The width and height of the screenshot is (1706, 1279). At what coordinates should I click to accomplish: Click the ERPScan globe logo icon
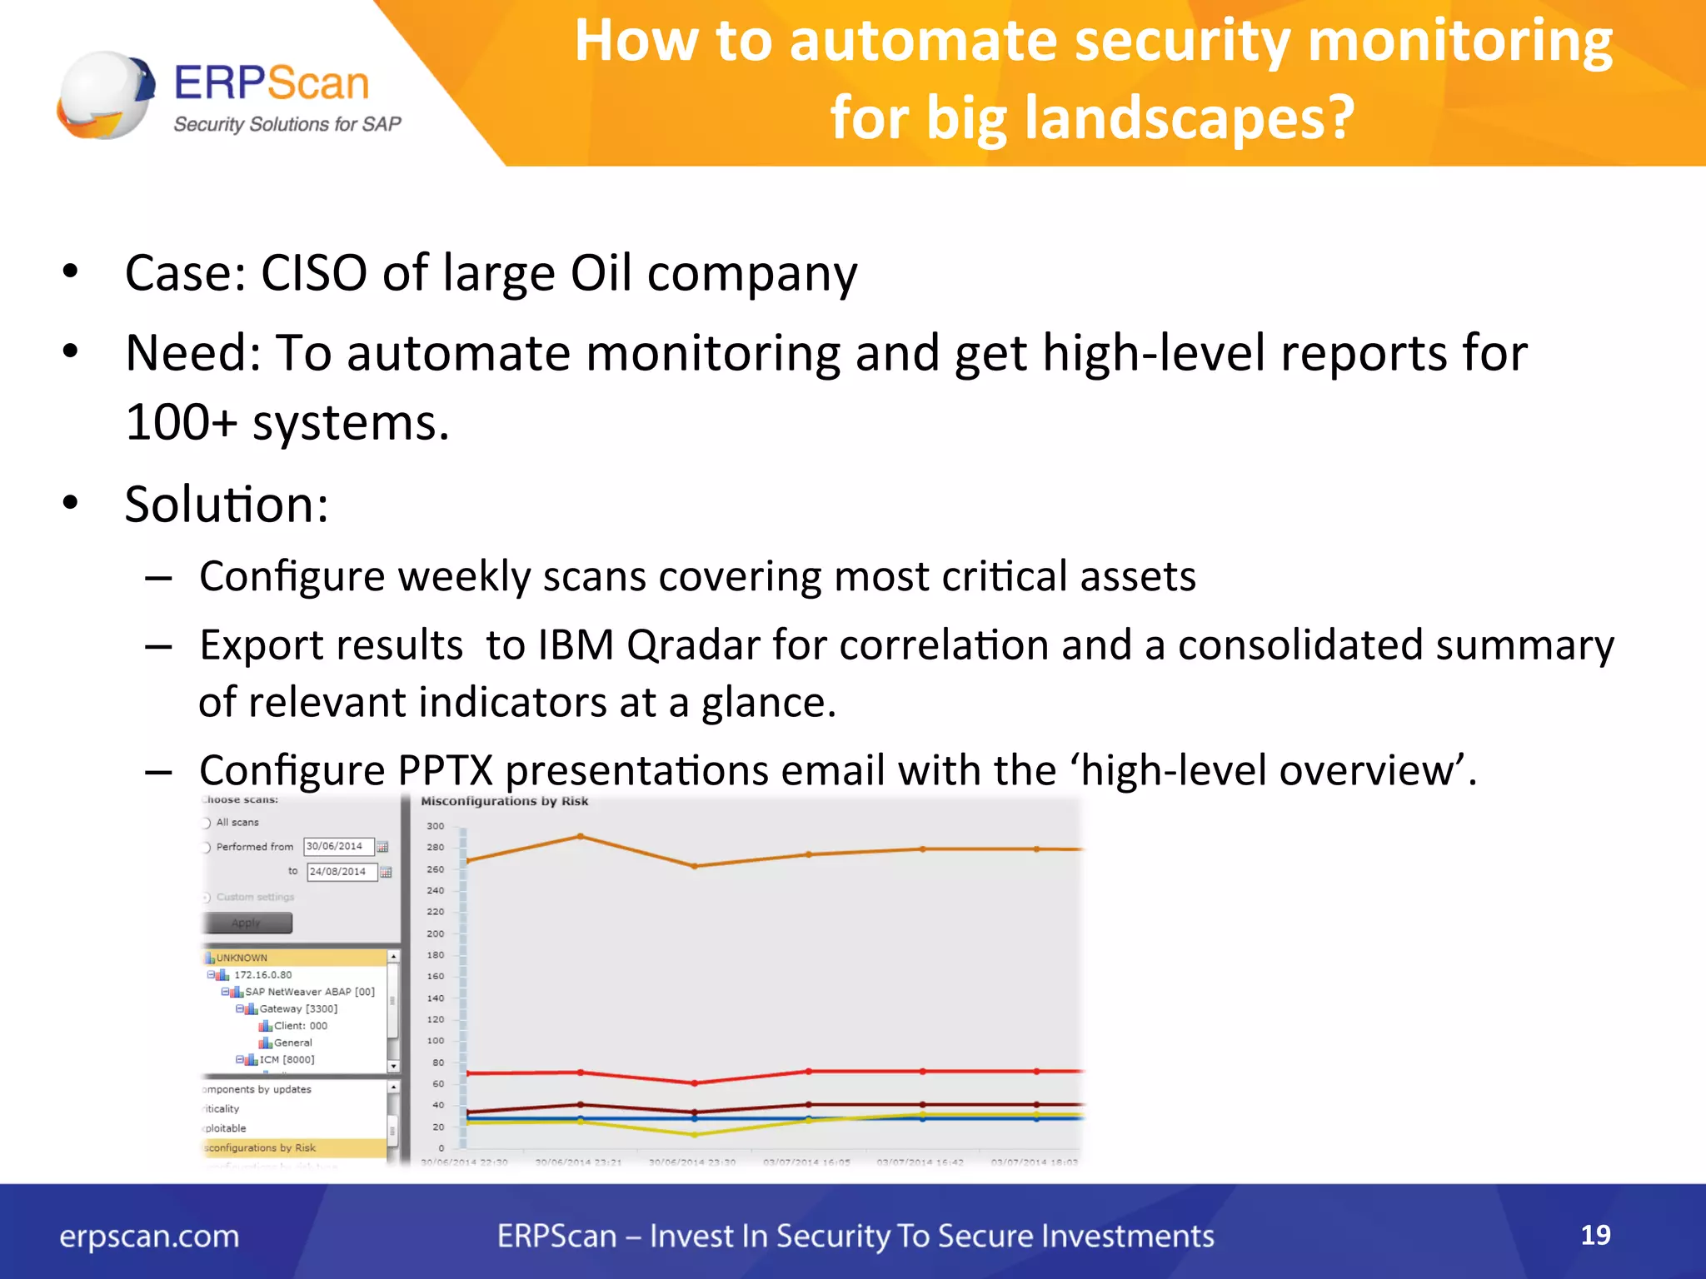(x=105, y=95)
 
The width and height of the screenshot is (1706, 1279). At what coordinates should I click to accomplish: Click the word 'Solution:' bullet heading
(x=227, y=505)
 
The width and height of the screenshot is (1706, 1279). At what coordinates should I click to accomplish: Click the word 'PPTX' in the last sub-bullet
(x=445, y=770)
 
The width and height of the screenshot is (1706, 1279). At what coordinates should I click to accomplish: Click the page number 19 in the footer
(x=1594, y=1235)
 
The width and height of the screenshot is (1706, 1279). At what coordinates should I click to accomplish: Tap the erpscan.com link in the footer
(x=149, y=1237)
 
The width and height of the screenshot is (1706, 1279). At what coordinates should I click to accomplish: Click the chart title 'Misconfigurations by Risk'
(x=504, y=801)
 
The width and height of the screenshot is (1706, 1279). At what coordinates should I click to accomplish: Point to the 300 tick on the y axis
(x=436, y=826)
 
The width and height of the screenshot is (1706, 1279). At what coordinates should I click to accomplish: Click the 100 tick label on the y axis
(x=436, y=1041)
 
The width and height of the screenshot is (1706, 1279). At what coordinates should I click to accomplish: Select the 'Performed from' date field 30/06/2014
(x=338, y=846)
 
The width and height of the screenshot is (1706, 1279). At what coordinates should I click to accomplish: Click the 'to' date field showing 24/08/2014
(x=342, y=872)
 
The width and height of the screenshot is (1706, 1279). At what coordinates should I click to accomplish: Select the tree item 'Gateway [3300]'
(x=297, y=1008)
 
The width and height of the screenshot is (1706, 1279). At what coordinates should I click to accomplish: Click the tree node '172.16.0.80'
(x=262, y=974)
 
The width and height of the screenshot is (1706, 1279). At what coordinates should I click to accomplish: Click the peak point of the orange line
(x=581, y=836)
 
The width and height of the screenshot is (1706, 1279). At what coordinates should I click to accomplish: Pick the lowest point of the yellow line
(x=695, y=1134)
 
